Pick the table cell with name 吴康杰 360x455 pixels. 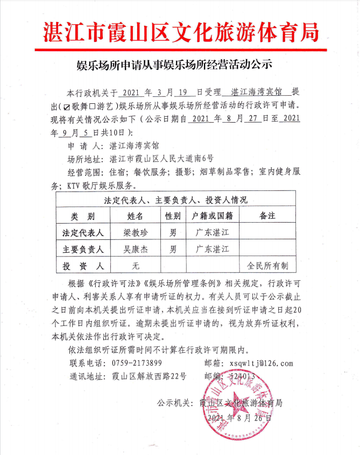136,249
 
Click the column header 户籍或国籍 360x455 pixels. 211,216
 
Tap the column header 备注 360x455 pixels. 267,216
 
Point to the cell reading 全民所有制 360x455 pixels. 267,266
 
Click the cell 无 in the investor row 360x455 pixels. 136,266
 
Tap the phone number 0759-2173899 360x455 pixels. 137,364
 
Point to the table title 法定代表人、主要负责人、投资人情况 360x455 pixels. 175,200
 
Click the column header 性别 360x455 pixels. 172,216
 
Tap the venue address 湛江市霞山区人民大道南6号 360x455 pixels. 161,158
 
